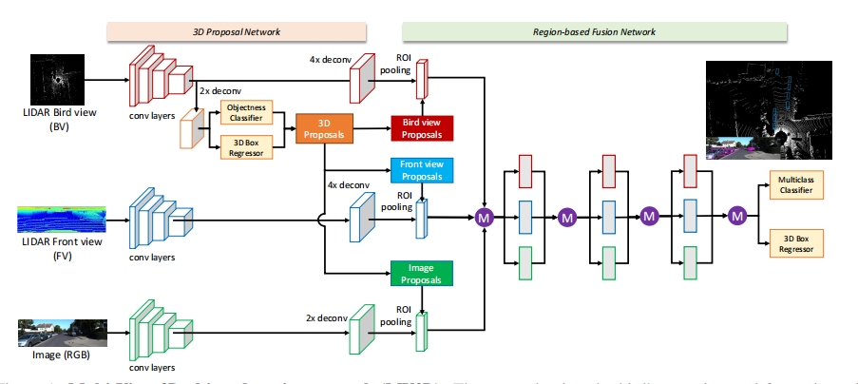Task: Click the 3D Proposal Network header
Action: (230, 31)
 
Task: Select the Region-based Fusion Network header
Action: (594, 31)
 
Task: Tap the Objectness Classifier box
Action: (245, 114)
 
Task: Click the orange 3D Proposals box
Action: (325, 129)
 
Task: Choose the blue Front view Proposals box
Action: (423, 170)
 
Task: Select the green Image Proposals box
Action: (423, 274)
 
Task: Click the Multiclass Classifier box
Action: (796, 183)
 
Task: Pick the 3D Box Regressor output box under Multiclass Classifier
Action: (796, 242)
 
